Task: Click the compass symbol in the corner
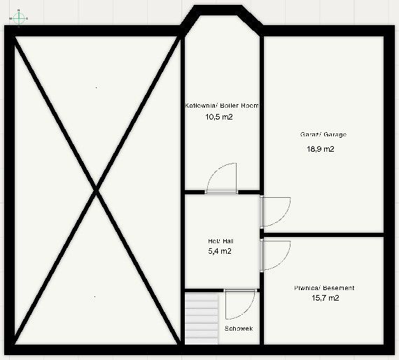19,18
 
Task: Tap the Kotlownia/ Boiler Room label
222,106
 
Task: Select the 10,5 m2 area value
219,117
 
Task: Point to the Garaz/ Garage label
323,134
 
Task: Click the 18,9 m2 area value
321,149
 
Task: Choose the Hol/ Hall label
221,241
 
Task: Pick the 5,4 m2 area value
220,251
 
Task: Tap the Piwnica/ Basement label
324,288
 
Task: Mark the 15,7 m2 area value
325,298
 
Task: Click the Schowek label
239,329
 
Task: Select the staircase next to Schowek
202,319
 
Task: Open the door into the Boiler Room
221,178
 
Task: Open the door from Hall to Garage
275,211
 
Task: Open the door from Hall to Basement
275,255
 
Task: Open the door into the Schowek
239,304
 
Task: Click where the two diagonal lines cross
96,190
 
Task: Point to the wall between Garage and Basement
323,235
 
